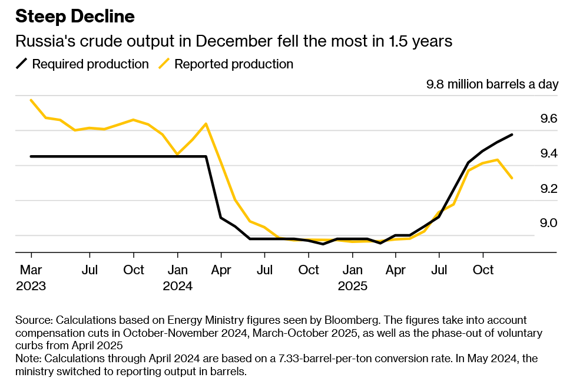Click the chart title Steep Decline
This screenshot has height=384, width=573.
click(x=75, y=17)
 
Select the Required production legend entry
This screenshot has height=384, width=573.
click(x=90, y=64)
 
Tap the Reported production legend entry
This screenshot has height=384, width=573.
click(x=234, y=64)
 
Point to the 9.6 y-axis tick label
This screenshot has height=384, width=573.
click(x=548, y=119)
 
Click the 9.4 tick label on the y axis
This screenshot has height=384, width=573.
click(x=548, y=154)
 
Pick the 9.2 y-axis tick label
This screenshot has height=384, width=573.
click(x=548, y=189)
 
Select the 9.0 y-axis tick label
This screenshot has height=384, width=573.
click(x=548, y=223)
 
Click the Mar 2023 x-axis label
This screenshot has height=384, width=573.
click(x=31, y=278)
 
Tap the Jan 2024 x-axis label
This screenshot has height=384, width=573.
click(x=177, y=278)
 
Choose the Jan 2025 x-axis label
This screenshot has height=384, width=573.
click(x=352, y=278)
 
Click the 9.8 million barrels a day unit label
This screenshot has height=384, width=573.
click(x=492, y=84)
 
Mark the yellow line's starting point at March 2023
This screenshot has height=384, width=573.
click(x=31, y=100)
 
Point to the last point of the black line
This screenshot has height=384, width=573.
click(x=512, y=134)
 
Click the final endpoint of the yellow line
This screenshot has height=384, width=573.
click(x=512, y=178)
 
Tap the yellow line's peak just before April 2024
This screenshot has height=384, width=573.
click(x=206, y=124)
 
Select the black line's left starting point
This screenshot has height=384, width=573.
click(x=31, y=156)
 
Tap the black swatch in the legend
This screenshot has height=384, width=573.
click(x=21, y=64)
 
